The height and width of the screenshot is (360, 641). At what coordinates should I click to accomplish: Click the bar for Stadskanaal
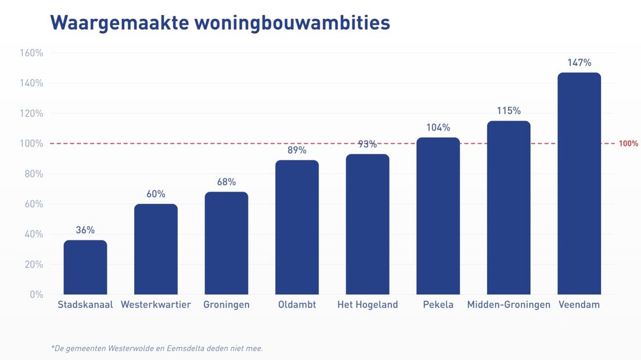click(x=85, y=267)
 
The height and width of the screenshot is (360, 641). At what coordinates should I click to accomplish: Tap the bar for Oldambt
click(x=297, y=227)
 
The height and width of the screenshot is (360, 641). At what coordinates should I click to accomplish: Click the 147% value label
click(x=579, y=63)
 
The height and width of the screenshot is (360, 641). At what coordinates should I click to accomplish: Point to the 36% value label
click(x=85, y=230)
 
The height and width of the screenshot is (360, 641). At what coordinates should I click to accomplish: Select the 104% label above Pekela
click(x=438, y=128)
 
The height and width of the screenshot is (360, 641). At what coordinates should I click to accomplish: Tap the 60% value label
click(x=156, y=194)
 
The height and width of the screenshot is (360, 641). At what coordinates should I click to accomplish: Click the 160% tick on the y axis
click(x=32, y=53)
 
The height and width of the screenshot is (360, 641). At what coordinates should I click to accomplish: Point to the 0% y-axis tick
click(x=36, y=294)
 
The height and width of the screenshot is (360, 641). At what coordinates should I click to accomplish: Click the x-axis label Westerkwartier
click(x=156, y=305)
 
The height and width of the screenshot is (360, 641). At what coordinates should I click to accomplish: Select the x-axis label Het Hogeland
click(x=368, y=305)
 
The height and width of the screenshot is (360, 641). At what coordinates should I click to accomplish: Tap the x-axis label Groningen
click(x=226, y=305)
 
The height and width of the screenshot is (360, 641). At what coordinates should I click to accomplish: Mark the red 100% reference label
click(x=628, y=143)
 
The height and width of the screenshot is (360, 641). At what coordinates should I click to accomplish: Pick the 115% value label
click(x=509, y=111)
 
